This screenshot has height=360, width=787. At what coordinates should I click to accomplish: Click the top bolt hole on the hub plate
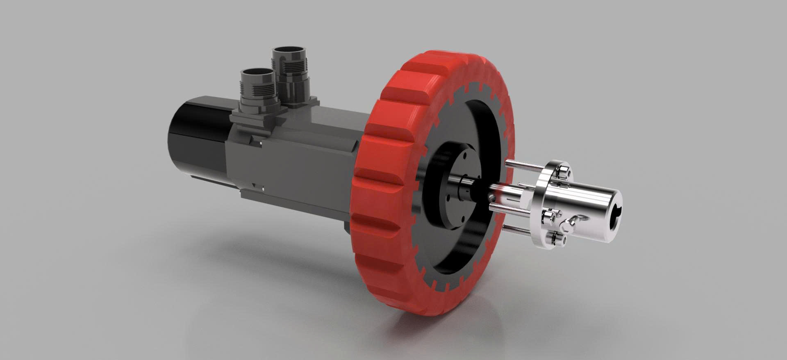point(466,156)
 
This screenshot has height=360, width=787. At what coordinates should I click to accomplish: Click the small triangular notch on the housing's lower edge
point(255,184)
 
